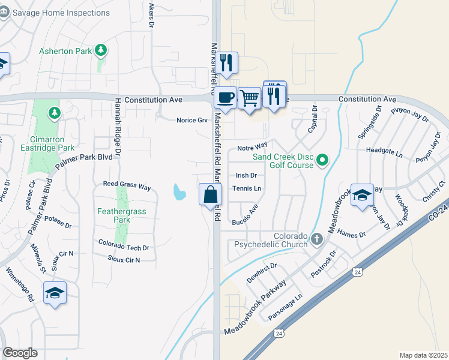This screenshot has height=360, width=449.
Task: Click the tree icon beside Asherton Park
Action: pyautogui.click(x=101, y=50)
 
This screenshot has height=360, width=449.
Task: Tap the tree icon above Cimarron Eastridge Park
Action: pyautogui.click(x=55, y=112)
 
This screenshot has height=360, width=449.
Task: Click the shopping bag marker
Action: pyautogui.click(x=211, y=194)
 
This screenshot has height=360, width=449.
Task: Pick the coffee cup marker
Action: pyautogui.click(x=225, y=98)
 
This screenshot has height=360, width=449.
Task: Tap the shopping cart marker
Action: pyautogui.click(x=249, y=98)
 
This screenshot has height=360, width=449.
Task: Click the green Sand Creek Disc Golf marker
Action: pyautogui.click(x=322, y=160)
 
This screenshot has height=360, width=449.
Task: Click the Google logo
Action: pyautogui.click(x=20, y=353)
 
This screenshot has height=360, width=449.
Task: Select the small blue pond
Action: pyautogui.click(x=178, y=192)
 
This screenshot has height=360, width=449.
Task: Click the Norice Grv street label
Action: pyautogui.click(x=191, y=120)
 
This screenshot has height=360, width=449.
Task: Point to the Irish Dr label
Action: pyautogui.click(x=246, y=175)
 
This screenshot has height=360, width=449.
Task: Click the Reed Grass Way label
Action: pyautogui.click(x=127, y=186)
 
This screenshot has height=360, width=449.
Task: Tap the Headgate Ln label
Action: pyautogui.click(x=384, y=153)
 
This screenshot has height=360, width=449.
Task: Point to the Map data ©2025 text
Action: pyautogui.click(x=423, y=355)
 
